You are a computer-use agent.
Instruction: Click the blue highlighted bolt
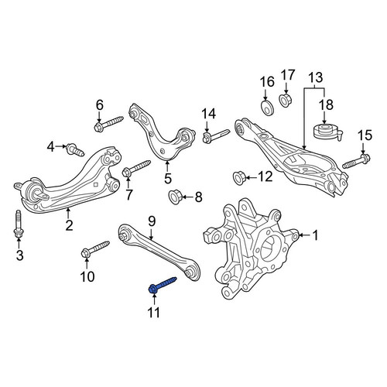[163, 285]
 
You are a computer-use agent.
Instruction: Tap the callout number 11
[154, 313]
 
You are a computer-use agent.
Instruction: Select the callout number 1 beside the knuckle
[315, 235]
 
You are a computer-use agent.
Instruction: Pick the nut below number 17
[286, 100]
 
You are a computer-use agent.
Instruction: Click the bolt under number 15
[356, 161]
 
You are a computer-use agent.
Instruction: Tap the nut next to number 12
[238, 178]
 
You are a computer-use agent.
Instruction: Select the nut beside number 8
[175, 197]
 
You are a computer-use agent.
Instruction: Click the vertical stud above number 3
[18, 224]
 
